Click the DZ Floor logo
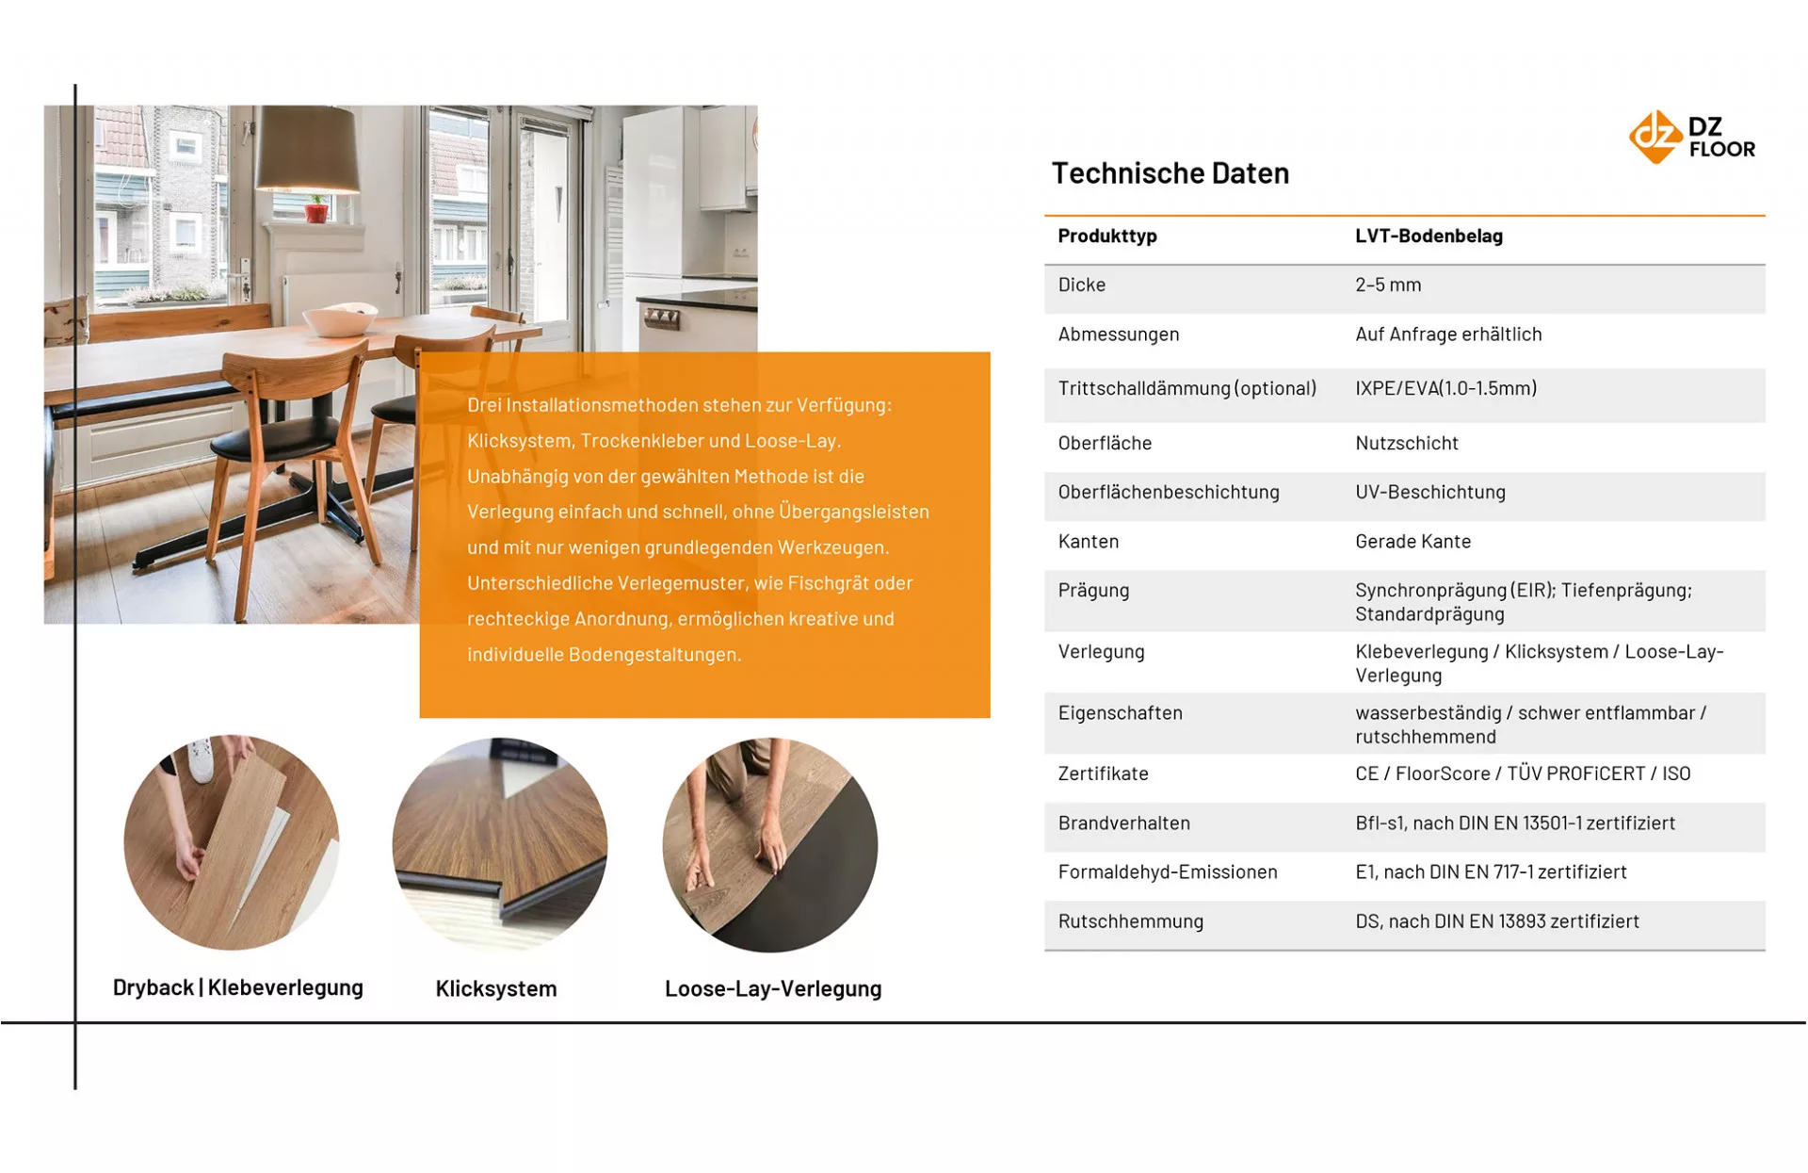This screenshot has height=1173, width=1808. click(x=1691, y=138)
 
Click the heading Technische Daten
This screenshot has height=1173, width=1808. click(x=1170, y=173)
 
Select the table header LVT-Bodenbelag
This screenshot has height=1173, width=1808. click(x=1429, y=236)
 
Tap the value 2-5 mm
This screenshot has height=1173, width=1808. click(x=1388, y=285)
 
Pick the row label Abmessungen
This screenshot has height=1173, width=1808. click(x=1118, y=334)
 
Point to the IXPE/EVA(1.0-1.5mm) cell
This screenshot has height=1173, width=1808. click(x=1445, y=388)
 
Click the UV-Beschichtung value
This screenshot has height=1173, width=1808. click(x=1429, y=492)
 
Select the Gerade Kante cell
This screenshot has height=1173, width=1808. click(x=1412, y=542)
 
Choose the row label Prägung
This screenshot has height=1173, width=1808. click(x=1093, y=591)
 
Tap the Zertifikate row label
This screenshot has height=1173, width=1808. click(x=1103, y=774)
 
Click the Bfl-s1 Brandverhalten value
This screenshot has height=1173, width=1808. click(x=1514, y=823)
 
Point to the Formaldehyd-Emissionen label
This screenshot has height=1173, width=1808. click(x=1167, y=872)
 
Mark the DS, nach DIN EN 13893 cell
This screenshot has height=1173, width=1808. click(x=1496, y=921)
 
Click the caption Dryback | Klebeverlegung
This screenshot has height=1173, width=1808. click(x=237, y=987)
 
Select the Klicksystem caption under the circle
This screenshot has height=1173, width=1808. click(x=496, y=988)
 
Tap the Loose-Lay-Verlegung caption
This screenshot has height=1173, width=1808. click(x=773, y=988)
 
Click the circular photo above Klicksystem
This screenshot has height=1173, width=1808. click(x=500, y=843)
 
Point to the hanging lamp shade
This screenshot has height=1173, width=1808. click(x=308, y=152)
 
